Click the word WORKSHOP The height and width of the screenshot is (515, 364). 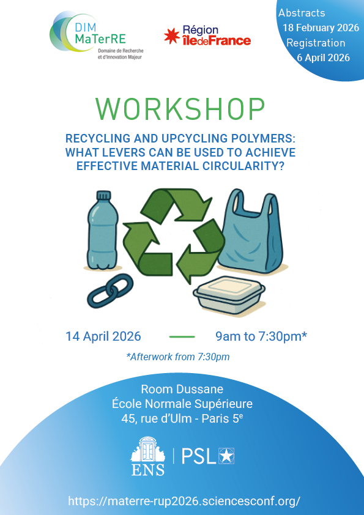pyautogui.click(x=180, y=109)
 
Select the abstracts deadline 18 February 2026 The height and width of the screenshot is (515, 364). pyautogui.click(x=320, y=28)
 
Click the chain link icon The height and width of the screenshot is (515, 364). pyautogui.click(x=106, y=291)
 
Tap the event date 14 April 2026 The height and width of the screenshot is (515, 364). pyautogui.click(x=103, y=336)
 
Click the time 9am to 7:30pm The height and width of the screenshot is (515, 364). pyautogui.click(x=261, y=336)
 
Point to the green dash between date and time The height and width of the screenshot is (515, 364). pyautogui.click(x=181, y=337)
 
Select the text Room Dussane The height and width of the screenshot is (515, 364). pyautogui.click(x=182, y=389)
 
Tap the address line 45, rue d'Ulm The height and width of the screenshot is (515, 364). pyautogui.click(x=182, y=419)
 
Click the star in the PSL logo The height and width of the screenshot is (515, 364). pyautogui.click(x=227, y=456)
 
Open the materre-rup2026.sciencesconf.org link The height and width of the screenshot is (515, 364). pyautogui.click(x=184, y=501)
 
